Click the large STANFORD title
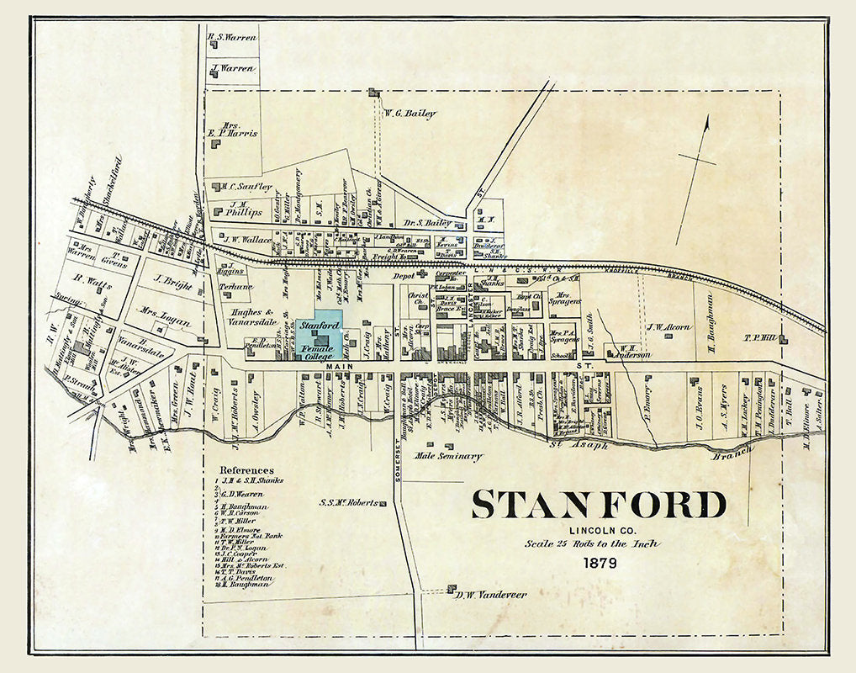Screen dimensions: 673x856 [598, 505]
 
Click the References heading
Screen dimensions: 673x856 [246, 470]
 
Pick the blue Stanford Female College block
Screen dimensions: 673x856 [318, 336]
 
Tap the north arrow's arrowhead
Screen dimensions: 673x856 [706, 122]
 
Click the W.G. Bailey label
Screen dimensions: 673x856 [410, 114]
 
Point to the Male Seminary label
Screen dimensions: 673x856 [449, 456]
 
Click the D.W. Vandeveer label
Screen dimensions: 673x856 [491, 595]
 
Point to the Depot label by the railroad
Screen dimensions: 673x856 [404, 275]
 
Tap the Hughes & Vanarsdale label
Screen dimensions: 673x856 [262, 316]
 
